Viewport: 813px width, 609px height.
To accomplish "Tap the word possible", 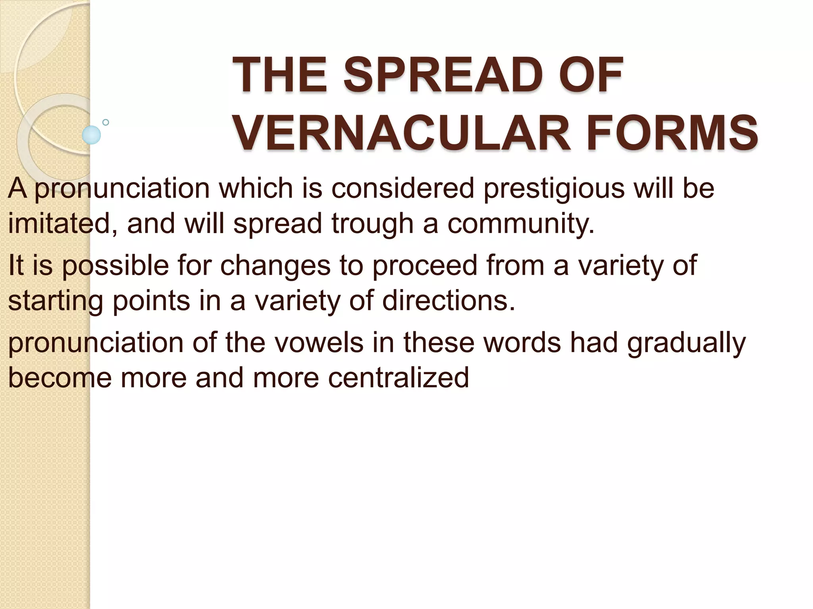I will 116,266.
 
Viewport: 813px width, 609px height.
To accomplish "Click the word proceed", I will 424,266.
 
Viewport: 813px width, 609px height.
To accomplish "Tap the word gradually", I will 686,343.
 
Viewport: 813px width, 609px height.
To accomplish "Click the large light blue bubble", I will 91,135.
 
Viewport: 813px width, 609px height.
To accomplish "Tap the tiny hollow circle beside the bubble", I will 106,122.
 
